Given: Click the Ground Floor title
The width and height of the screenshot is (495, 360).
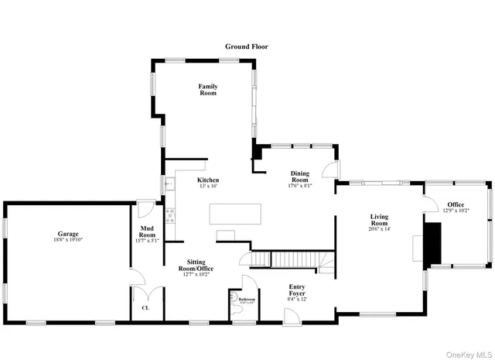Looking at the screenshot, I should pyautogui.click(x=247, y=46).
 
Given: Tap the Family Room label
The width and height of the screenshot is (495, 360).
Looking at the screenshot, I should pyautogui.click(x=207, y=89).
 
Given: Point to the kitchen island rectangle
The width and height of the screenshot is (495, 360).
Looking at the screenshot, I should pyautogui.click(x=235, y=214).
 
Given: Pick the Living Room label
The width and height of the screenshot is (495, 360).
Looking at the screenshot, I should pyautogui.click(x=379, y=220).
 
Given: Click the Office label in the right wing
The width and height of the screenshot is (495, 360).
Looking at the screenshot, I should pyautogui.click(x=456, y=204).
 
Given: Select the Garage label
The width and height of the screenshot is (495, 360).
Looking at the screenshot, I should pyautogui.click(x=68, y=234).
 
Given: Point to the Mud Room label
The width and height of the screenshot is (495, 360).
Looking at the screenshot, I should pyautogui.click(x=148, y=231).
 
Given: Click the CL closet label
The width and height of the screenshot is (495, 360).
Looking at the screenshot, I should pyautogui.click(x=145, y=307).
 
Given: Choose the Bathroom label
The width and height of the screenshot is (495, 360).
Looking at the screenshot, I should pyautogui.click(x=247, y=299).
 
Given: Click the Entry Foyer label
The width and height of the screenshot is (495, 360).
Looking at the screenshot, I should pyautogui.click(x=297, y=290).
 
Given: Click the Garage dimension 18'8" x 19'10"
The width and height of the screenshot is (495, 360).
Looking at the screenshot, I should pyautogui.click(x=68, y=240).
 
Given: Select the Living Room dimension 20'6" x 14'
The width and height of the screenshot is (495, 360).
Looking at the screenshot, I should pyautogui.click(x=379, y=229).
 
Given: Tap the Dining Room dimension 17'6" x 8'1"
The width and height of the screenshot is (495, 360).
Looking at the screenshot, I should pyautogui.click(x=299, y=186).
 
